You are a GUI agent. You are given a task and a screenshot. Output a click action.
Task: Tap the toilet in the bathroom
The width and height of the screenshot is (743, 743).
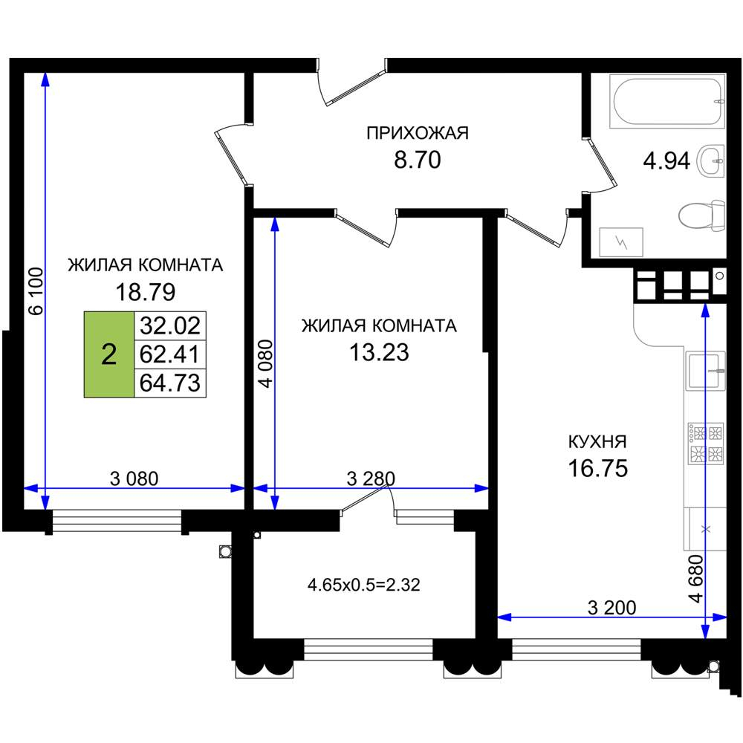click(x=701, y=215)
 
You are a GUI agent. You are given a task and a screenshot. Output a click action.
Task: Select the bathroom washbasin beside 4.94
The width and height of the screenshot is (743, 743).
click(x=711, y=160)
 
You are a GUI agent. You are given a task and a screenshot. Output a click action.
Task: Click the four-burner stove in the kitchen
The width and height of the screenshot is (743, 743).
click(x=706, y=444)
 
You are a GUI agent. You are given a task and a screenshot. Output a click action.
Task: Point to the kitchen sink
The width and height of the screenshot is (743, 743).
click(x=705, y=371)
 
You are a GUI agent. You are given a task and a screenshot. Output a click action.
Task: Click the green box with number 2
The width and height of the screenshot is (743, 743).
click(x=109, y=354)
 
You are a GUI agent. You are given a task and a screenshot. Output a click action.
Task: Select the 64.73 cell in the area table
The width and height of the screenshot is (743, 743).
click(x=170, y=383)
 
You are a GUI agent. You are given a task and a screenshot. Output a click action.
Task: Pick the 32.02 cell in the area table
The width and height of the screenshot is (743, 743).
click(x=170, y=325)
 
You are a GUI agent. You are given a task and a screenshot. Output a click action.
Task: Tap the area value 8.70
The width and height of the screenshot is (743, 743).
click(x=418, y=160)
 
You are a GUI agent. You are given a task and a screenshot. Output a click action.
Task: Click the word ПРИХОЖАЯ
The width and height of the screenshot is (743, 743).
click(x=418, y=133)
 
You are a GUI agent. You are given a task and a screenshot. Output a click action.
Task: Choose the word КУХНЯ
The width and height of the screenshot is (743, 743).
click(x=597, y=441)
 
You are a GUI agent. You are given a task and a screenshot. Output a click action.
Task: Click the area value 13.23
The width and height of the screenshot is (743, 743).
click(x=379, y=352)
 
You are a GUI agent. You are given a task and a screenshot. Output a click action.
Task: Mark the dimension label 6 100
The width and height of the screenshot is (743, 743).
click(x=36, y=291)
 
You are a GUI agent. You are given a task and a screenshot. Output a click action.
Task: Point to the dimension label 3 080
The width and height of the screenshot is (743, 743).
click(x=134, y=478)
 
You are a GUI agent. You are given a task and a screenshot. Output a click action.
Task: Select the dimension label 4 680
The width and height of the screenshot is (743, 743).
click(x=696, y=578)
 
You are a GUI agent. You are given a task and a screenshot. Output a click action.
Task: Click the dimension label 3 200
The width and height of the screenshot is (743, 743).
click(x=611, y=608)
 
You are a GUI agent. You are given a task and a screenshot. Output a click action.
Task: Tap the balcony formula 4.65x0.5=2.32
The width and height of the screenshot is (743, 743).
click(x=364, y=585)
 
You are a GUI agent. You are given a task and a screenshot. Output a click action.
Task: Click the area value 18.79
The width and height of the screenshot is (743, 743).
click(x=146, y=292)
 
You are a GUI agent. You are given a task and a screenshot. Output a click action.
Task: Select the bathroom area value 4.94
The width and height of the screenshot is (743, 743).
click(x=666, y=161)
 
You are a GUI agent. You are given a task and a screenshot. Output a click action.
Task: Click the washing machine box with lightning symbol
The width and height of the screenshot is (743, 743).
click(x=621, y=242)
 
